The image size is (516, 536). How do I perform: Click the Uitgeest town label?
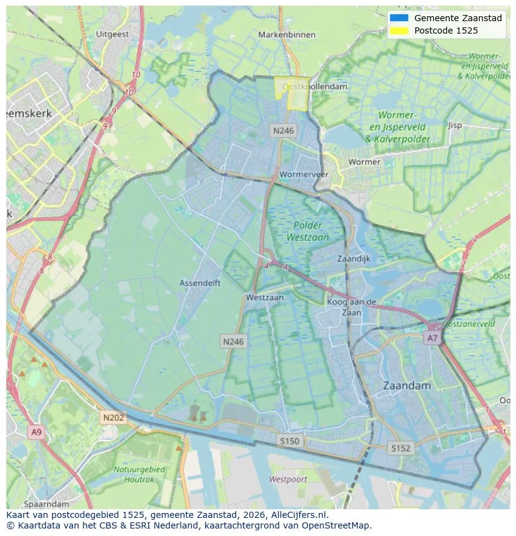113,34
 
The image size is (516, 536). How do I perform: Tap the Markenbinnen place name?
287,35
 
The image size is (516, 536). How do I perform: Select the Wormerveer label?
304,174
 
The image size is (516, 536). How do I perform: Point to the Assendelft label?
200,283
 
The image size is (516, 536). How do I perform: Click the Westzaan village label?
264,298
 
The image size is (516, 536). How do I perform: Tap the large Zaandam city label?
407,385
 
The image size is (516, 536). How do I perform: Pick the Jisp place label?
455,125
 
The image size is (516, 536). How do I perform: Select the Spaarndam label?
46,503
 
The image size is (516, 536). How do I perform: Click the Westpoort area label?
288,479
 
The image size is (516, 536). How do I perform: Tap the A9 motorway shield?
36,432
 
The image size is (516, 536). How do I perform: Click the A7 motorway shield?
432,338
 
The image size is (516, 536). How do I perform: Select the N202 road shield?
113,418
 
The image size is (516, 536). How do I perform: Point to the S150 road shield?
289,441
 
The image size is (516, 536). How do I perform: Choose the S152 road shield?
401,448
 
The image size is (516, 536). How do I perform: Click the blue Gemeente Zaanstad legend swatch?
398,18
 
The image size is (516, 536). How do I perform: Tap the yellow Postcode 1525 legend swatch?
398,31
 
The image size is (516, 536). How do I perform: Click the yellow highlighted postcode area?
291,95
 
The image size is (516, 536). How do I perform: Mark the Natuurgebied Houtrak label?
139,474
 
